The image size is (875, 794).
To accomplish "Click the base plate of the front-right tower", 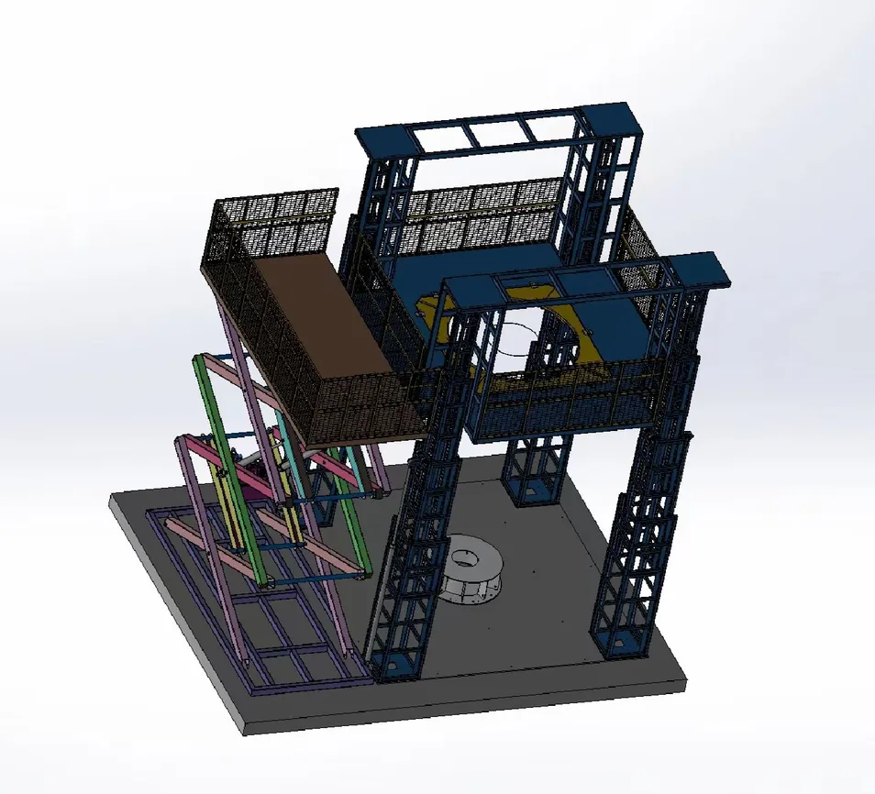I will [624, 647].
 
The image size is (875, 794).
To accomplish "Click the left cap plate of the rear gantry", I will [383, 138].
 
